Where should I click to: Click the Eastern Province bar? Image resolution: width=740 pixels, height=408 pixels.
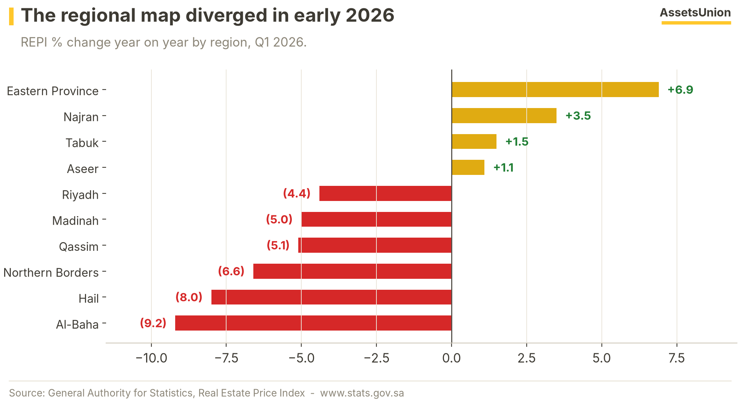click(x=555, y=90)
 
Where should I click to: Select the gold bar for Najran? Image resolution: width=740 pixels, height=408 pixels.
click(x=504, y=116)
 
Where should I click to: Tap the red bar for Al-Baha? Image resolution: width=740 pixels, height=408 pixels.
click(x=313, y=323)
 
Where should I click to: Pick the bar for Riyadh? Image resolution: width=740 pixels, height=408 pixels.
click(x=385, y=193)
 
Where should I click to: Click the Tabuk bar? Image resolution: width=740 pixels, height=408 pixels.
click(x=474, y=141)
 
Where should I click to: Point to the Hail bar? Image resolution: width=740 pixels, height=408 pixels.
click(x=331, y=297)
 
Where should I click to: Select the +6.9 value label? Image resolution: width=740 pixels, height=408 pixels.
click(x=680, y=90)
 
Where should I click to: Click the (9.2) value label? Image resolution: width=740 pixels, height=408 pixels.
click(x=153, y=323)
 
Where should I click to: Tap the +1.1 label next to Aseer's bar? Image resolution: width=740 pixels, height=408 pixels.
click(x=504, y=167)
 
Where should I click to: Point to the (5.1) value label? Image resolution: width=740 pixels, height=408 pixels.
click(x=278, y=245)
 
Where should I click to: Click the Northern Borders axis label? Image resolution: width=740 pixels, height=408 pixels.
click(x=51, y=272)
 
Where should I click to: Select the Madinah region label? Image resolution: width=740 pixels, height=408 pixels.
click(x=76, y=221)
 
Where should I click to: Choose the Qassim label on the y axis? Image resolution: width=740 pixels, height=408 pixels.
click(x=79, y=247)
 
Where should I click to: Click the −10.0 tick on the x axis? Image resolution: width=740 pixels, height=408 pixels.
click(x=151, y=358)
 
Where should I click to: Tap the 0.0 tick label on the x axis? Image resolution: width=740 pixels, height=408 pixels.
click(x=452, y=358)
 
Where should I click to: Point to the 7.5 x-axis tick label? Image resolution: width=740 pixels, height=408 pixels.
click(x=677, y=358)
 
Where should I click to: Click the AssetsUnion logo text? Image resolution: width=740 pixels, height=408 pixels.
click(x=695, y=12)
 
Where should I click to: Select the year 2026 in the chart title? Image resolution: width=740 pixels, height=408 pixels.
click(x=370, y=15)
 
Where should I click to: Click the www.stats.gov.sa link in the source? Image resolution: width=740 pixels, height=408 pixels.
click(x=362, y=393)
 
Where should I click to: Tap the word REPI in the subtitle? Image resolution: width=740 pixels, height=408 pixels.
click(x=34, y=42)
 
